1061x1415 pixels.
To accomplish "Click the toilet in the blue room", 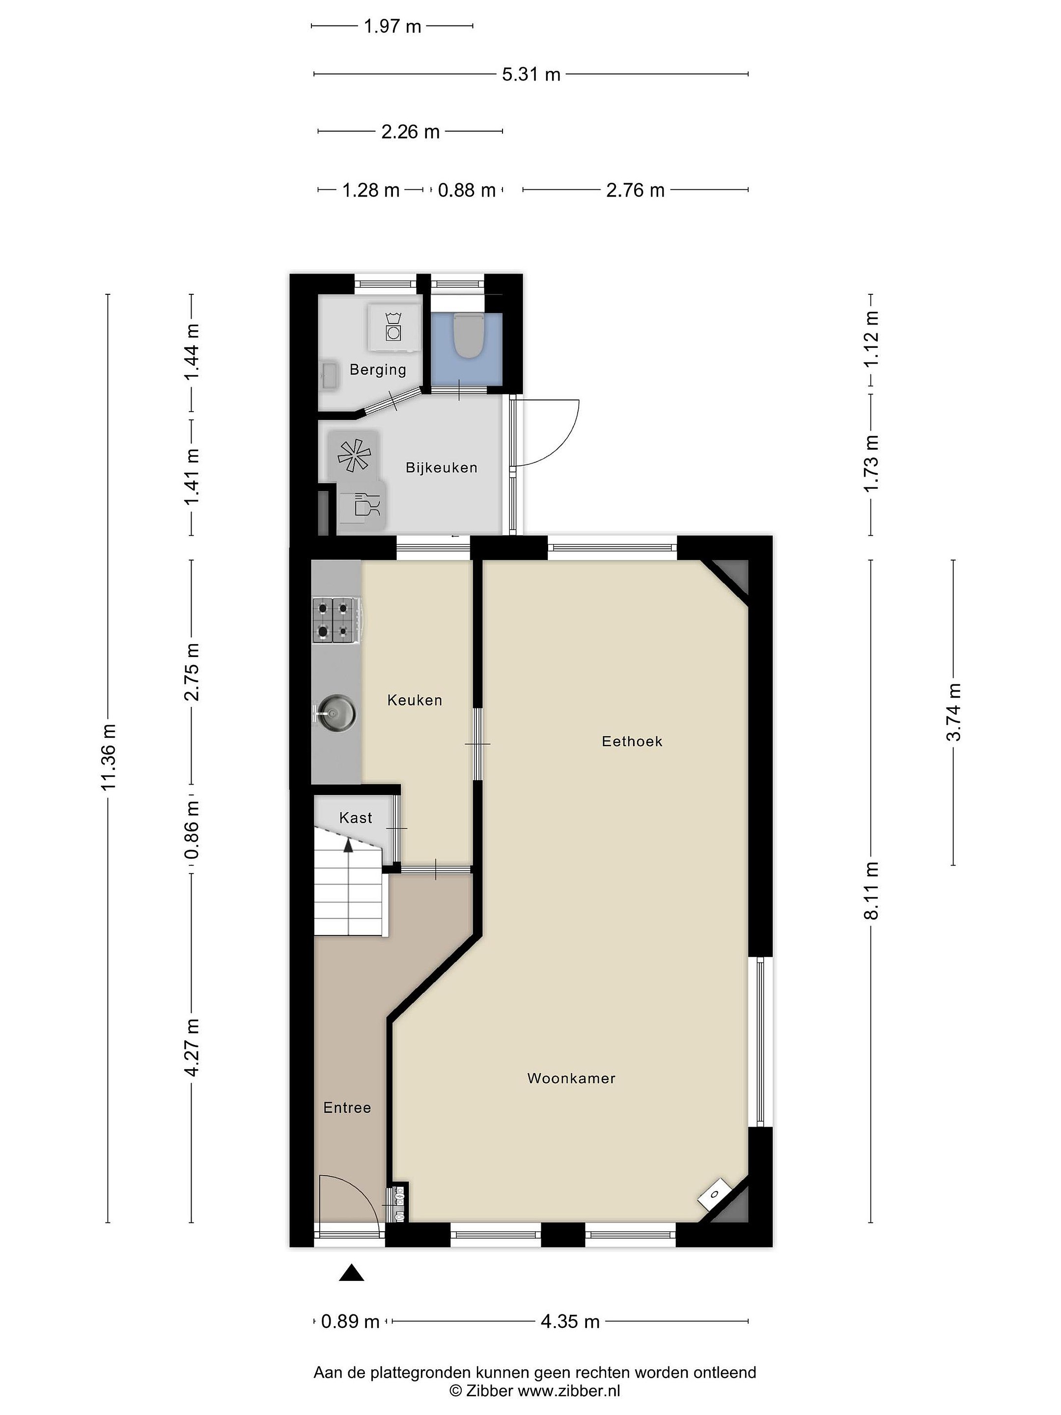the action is (467, 335).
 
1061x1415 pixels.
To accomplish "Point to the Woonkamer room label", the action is (571, 1078).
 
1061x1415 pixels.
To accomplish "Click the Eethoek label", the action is (632, 741).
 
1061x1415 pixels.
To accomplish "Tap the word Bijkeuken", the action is (441, 468).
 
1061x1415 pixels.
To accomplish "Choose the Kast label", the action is (356, 818).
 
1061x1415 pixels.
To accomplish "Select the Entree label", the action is (347, 1108).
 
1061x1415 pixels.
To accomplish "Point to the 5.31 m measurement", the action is (531, 75).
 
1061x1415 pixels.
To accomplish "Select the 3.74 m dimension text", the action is (953, 712).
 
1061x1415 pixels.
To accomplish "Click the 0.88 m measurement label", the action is (466, 191).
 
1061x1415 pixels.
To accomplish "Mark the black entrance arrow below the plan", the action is (351, 1273).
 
